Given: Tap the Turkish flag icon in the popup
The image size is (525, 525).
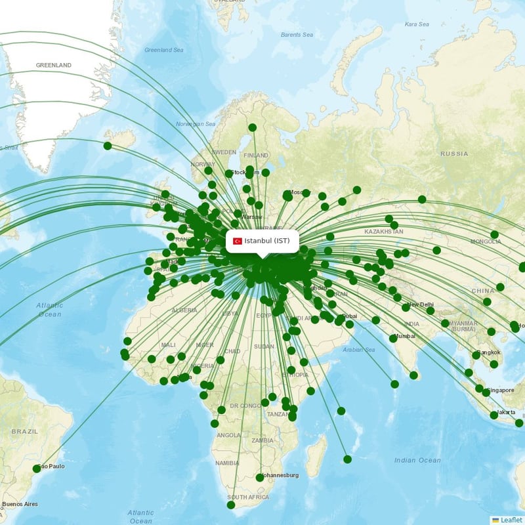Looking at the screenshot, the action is (238, 241).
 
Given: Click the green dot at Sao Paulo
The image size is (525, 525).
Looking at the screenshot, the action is (37, 469).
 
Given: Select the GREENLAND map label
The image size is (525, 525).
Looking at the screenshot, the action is (54, 66).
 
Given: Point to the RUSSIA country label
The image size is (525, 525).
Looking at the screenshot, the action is (454, 154).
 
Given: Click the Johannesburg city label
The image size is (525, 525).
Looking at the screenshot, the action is (280, 474).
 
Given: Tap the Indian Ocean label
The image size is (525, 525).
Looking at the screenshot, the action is (417, 460).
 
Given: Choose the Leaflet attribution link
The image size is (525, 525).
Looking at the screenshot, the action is (511, 520).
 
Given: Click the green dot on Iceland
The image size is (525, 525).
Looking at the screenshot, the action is (108, 146).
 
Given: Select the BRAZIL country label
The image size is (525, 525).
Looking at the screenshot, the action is (25, 431).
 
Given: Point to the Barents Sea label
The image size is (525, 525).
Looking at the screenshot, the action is (297, 34).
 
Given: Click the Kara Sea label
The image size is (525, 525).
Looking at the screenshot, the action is (417, 24).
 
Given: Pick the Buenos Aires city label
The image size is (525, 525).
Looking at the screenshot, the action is (20, 504).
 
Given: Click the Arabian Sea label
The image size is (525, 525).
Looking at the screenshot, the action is (359, 350).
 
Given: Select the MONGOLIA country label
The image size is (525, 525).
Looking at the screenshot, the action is (486, 241).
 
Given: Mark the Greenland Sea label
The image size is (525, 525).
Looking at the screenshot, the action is (164, 50).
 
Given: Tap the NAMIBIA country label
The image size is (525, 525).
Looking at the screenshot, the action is (227, 463).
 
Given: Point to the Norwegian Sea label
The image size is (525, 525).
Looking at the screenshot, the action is (196, 124).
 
